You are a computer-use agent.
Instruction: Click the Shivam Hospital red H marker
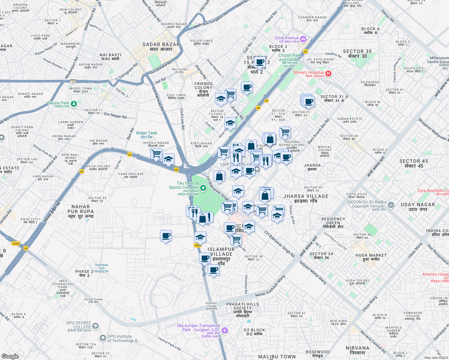[328, 73]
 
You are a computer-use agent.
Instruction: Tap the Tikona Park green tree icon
[74, 104]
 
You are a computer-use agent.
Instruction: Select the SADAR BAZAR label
[161, 47]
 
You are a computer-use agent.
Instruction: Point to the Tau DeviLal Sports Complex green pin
[203, 188]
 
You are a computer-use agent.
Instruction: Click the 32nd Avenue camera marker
[303, 39]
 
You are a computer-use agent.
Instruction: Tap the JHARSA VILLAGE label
[306, 199]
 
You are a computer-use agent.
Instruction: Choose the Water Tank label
[146, 135]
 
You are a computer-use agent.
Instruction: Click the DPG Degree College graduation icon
[95, 326]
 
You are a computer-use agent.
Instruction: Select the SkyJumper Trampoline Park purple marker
[225, 331]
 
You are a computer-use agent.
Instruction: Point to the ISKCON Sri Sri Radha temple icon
[391, 205]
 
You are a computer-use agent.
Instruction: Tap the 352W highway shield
[16, 244]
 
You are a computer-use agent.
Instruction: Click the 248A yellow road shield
[197, 245]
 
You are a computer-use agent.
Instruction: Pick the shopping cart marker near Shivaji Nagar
[156, 154]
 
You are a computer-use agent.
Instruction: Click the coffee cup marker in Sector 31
[308, 101]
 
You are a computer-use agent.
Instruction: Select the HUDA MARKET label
[371, 257]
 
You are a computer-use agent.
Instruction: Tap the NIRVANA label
[357, 350]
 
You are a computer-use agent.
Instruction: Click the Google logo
[10, 356]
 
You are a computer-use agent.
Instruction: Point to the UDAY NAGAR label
[417, 207]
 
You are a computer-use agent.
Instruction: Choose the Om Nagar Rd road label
[115, 115]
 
